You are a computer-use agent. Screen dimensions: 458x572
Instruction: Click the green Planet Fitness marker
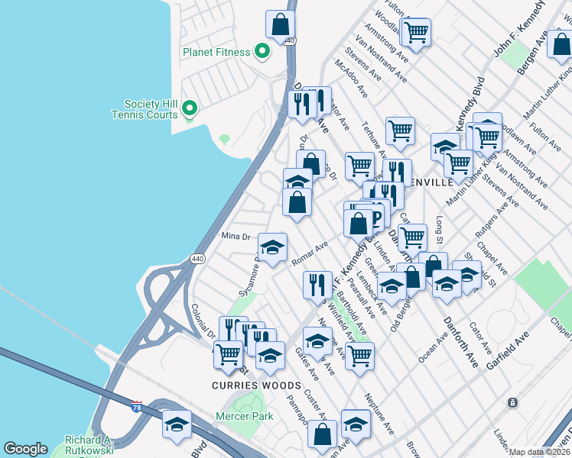click(262, 52)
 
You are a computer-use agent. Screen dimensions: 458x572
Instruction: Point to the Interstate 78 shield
click(137, 405)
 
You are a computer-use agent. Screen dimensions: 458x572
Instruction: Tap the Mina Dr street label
click(236, 237)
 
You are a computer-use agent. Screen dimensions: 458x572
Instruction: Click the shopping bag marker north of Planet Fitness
click(281, 24)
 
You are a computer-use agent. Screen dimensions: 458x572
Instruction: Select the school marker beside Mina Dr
click(272, 247)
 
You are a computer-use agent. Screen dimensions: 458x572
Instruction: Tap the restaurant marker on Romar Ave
click(317, 285)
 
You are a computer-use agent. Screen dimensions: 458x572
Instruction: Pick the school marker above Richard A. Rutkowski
click(177, 424)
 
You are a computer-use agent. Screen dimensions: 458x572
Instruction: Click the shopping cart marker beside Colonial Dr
click(228, 355)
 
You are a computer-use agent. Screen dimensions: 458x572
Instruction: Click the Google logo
click(25, 449)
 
